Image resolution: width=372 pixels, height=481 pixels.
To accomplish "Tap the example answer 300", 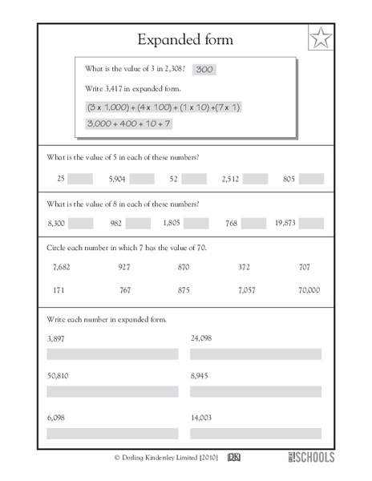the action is [x=204, y=70].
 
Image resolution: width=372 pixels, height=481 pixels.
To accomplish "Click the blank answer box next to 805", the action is [x=311, y=179].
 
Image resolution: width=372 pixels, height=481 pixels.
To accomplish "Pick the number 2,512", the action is [x=230, y=179].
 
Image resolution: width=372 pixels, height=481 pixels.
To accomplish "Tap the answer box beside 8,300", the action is [x=81, y=223].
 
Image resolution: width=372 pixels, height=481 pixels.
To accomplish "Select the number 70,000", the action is [x=308, y=289].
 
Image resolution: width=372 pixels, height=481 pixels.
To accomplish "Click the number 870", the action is [x=184, y=267].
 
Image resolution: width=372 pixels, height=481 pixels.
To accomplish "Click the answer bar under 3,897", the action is [x=113, y=354].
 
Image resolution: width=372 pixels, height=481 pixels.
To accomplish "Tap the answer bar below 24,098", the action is [x=256, y=354].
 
